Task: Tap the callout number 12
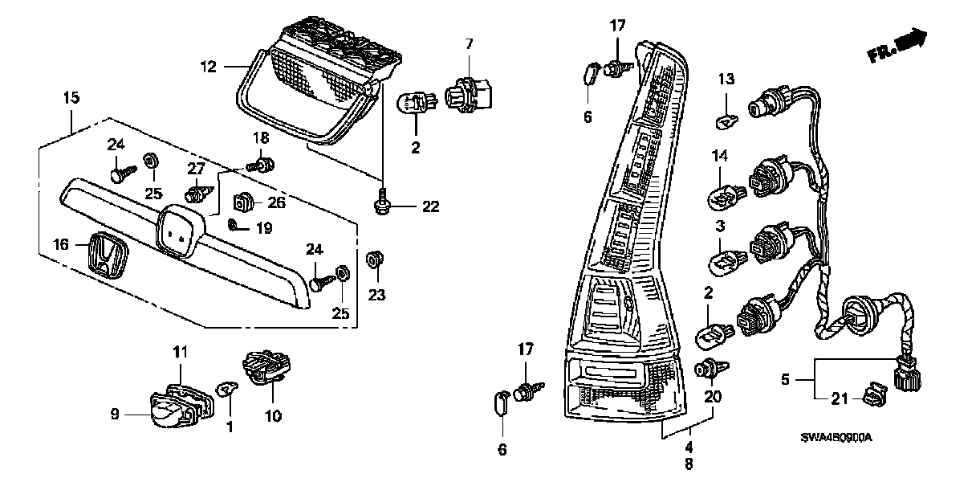pyautogui.click(x=209, y=67)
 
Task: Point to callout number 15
pyautogui.click(x=71, y=98)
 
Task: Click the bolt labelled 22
pyautogui.click(x=384, y=205)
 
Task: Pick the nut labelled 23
pyautogui.click(x=373, y=260)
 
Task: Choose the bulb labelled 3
pyautogui.click(x=725, y=258)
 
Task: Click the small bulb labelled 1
pyautogui.click(x=228, y=391)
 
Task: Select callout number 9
pyautogui.click(x=115, y=415)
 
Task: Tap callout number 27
pyautogui.click(x=197, y=168)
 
